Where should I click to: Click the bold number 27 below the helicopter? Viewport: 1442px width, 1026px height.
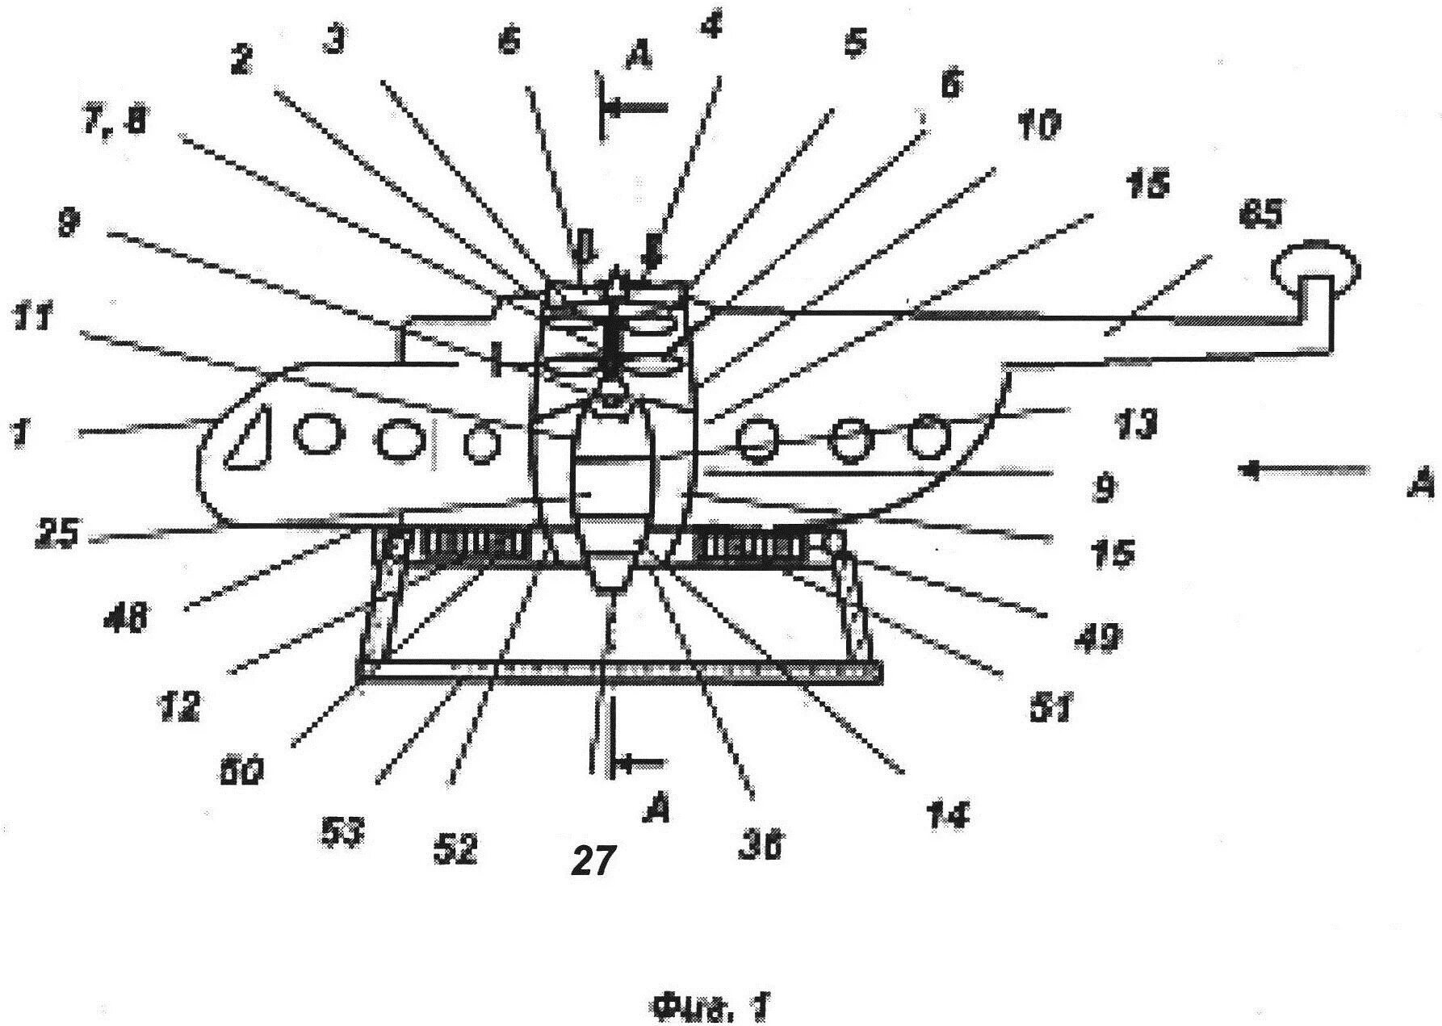[597, 860]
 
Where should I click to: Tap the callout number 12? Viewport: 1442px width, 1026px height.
[178, 707]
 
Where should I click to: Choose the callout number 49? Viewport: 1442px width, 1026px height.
[1096, 638]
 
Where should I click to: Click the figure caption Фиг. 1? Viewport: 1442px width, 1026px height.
[710, 1007]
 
